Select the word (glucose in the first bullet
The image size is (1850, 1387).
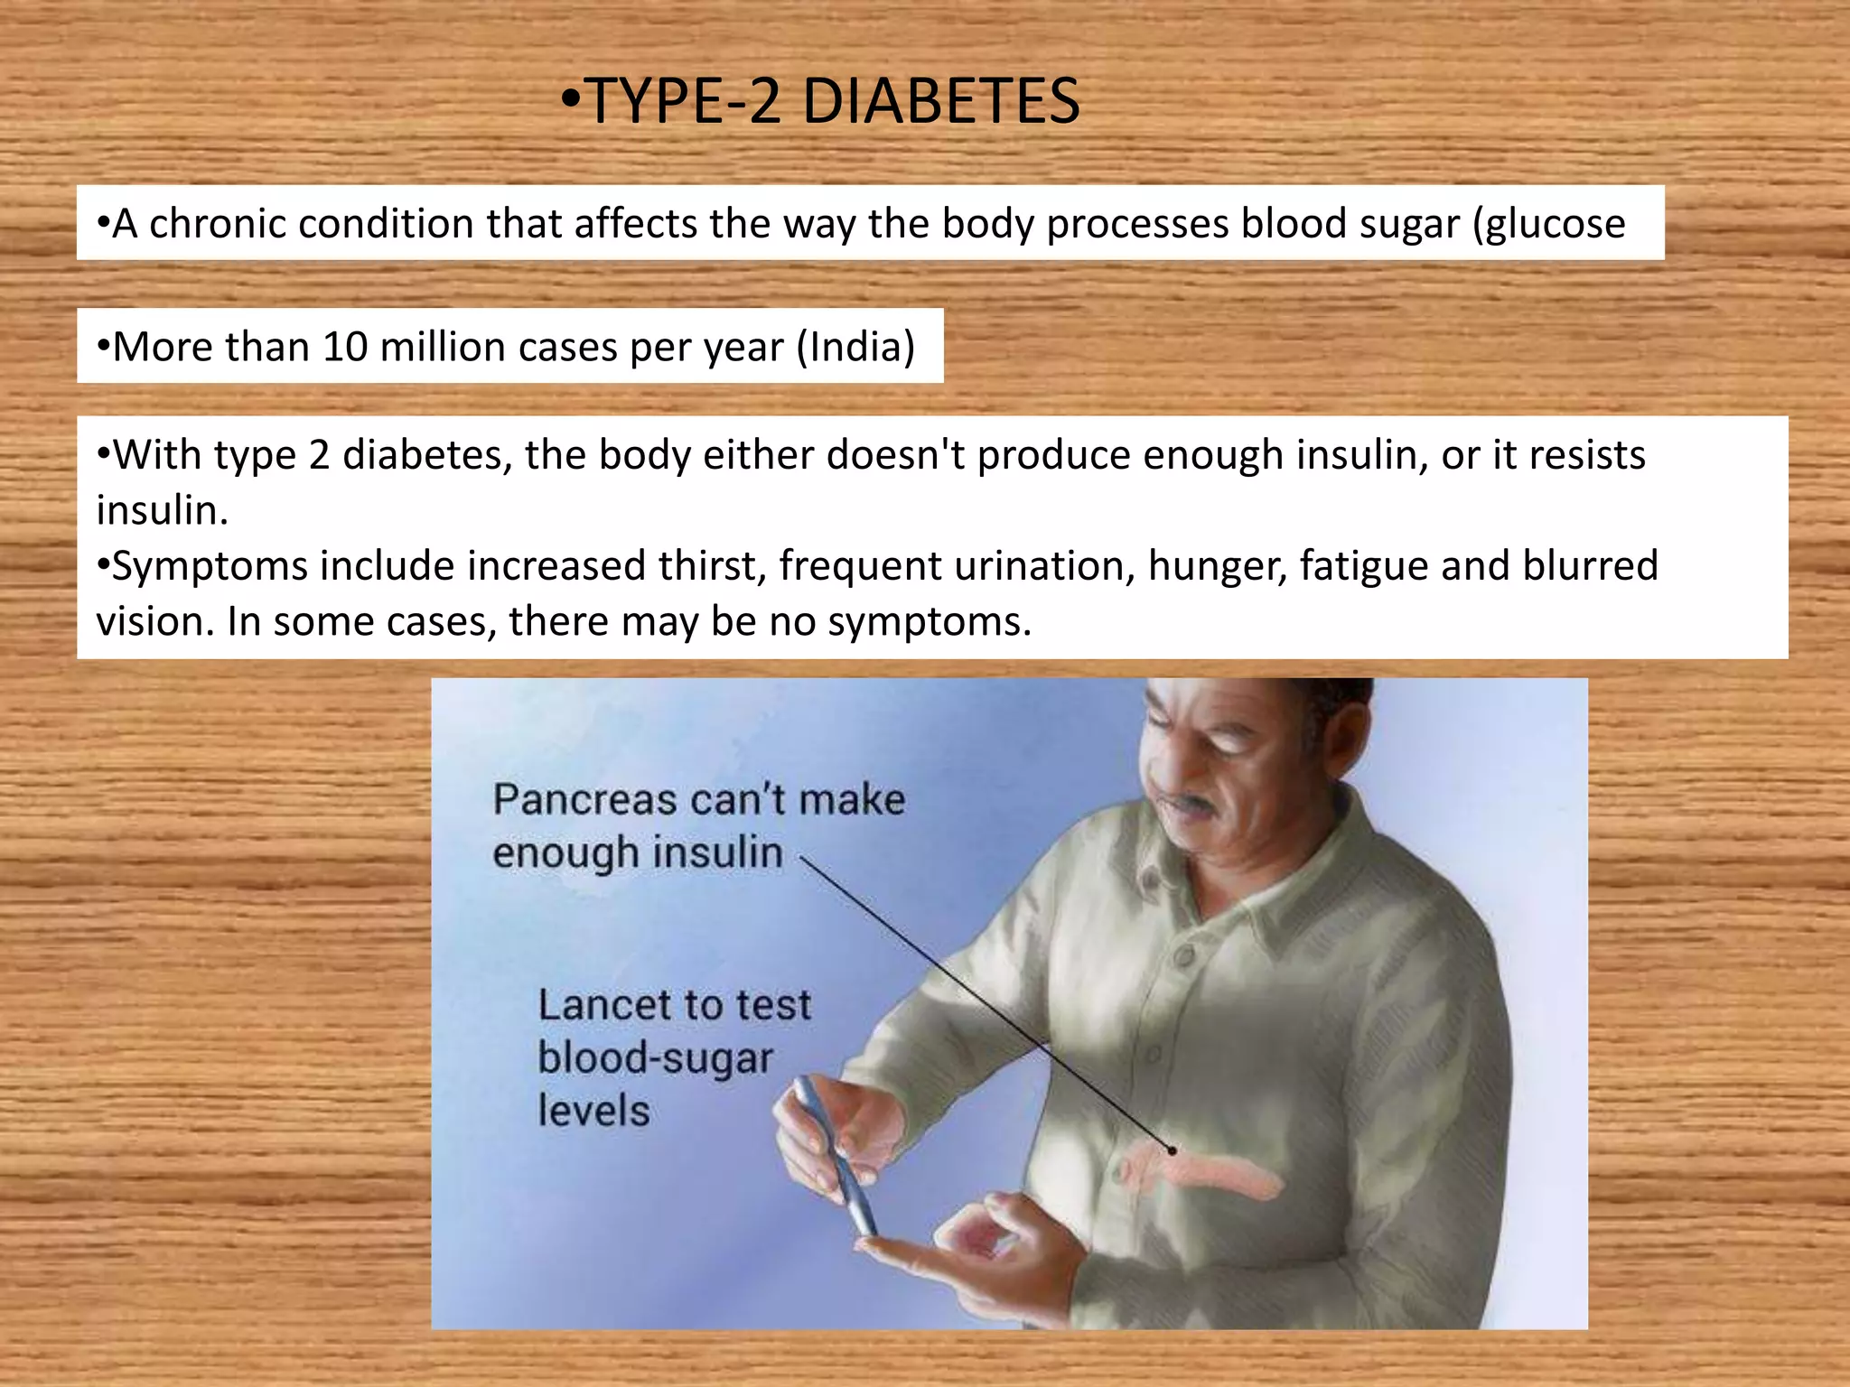[1548, 224]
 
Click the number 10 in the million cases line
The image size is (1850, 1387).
[345, 347]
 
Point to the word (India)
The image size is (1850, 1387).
[855, 347]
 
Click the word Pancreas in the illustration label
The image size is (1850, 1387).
[584, 800]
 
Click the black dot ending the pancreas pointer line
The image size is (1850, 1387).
[1172, 1150]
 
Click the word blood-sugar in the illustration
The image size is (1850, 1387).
[656, 1058]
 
